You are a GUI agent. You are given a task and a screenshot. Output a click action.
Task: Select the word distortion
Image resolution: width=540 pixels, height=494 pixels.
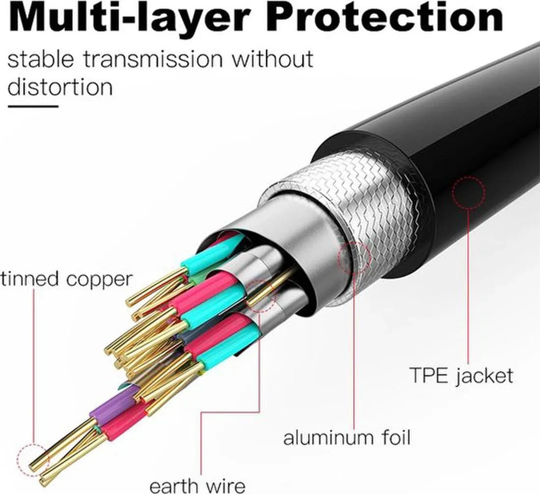60,87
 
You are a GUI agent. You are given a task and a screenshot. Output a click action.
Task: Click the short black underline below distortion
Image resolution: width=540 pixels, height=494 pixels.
33,106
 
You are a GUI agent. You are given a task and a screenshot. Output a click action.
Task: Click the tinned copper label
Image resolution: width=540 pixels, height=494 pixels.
66,279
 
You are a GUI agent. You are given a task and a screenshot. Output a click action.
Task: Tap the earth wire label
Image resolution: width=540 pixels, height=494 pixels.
197,486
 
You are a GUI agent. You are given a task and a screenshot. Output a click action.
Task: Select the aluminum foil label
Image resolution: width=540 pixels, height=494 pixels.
347,438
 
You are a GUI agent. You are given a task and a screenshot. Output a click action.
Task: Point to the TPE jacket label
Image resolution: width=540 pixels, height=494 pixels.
461,376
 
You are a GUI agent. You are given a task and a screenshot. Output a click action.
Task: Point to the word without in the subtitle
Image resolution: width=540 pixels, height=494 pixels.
272,59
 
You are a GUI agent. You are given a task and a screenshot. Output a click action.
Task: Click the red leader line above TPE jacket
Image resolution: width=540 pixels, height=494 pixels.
468,286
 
